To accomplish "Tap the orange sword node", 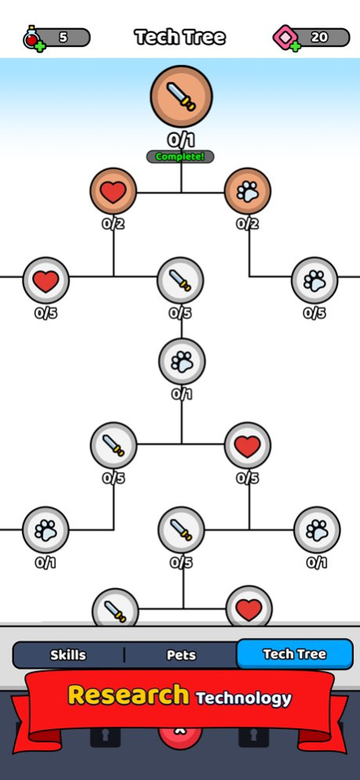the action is (181, 96).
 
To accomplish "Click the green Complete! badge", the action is (180, 157).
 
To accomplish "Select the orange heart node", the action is (114, 191).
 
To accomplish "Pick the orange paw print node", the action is (248, 191).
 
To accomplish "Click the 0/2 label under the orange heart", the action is (114, 224).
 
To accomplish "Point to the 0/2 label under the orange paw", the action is (248, 224).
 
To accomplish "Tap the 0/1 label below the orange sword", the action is (180, 141).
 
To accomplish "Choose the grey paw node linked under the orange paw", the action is (315, 281).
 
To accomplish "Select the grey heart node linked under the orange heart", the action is (45, 281).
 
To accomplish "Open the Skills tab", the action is (68, 655).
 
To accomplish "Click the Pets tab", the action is (181, 655).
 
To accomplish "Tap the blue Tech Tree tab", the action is (295, 654).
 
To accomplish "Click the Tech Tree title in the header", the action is (180, 38).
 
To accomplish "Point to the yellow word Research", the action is (129, 695).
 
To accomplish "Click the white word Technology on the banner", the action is (243, 698).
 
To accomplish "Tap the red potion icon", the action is (33, 38).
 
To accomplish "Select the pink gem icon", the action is (285, 38).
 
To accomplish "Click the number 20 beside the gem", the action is (319, 38).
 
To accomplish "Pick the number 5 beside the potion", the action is (64, 38).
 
